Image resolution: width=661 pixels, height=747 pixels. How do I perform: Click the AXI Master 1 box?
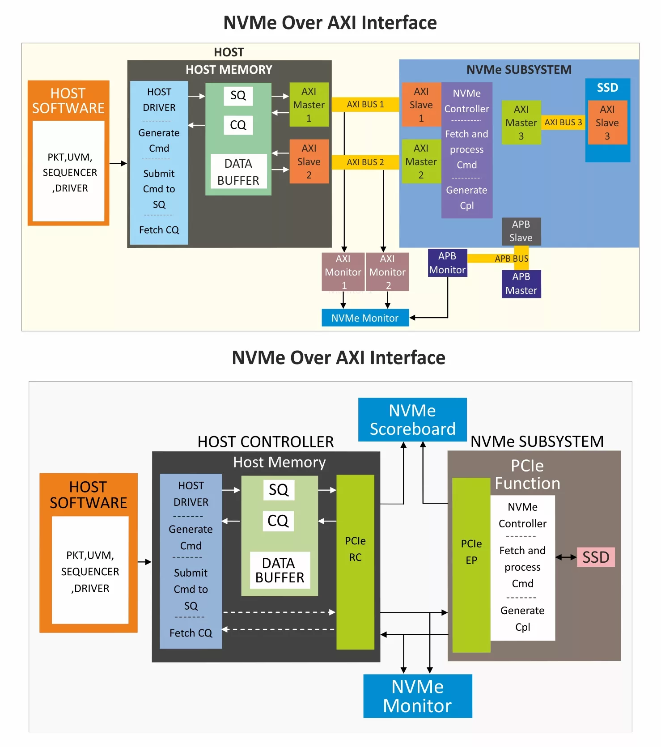coord(309,105)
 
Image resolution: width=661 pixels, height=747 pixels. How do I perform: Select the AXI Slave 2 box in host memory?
coord(309,161)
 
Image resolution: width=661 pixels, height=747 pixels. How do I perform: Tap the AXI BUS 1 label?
coord(365,104)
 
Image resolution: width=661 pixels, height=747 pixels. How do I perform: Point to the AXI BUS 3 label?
coord(563,122)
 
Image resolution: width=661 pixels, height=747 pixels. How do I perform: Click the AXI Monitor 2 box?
coord(387,272)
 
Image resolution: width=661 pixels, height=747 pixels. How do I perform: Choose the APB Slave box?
coord(521,231)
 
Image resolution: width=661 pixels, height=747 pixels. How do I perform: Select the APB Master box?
coord(521,284)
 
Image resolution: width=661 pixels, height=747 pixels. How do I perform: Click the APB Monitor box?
coord(447,263)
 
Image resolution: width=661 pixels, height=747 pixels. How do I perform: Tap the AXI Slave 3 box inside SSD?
coord(607,123)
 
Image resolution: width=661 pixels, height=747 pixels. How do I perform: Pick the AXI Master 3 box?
coord(521,123)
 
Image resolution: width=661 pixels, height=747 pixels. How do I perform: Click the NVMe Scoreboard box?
coord(412,420)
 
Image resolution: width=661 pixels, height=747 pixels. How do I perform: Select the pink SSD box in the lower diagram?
coord(596,557)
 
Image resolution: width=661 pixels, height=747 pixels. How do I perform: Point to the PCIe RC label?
coord(355,549)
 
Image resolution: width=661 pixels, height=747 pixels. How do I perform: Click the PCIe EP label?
coord(471,552)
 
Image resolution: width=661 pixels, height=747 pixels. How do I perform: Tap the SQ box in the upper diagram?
coord(238,95)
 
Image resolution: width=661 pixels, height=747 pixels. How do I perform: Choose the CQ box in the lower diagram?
coord(278,521)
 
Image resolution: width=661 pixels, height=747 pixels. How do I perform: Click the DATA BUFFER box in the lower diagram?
coord(280,570)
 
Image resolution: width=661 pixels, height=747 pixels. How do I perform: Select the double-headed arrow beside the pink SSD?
coord(566,557)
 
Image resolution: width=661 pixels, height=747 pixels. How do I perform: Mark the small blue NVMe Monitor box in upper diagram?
coord(365,318)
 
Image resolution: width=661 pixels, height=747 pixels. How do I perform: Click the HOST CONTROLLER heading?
coord(266,442)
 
